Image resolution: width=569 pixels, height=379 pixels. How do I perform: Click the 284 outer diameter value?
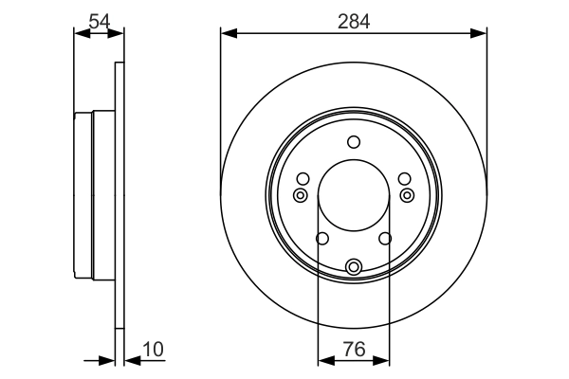coord(354,19)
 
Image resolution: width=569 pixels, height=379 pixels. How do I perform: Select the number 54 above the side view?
coord(99,19)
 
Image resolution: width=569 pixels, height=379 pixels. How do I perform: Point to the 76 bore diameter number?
coord(354,350)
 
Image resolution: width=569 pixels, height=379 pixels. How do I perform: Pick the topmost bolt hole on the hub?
coord(354,143)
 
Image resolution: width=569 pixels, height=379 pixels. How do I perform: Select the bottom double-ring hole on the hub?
coord(354,266)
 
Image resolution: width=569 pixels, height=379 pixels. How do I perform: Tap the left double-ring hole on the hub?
coord(300,195)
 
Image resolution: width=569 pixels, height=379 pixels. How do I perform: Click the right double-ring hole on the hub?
coord(408,195)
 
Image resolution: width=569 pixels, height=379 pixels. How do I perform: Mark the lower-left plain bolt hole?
coord(321,239)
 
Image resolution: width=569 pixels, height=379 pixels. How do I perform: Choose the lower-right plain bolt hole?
coord(386,239)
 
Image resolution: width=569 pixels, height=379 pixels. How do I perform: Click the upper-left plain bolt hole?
coord(303,179)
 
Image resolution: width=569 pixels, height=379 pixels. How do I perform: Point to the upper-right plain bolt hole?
coord(405,179)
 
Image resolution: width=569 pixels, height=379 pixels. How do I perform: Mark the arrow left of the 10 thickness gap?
coord(107,360)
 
